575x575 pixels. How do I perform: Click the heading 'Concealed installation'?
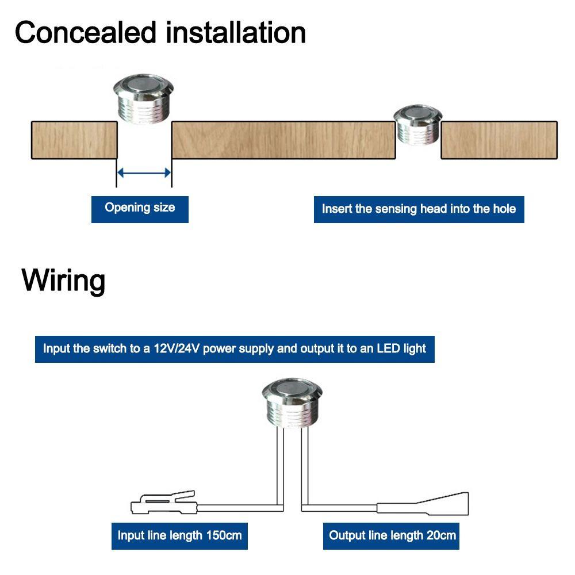coord(160,33)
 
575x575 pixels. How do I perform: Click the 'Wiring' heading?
coord(63,281)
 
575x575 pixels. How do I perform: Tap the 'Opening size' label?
coord(140,208)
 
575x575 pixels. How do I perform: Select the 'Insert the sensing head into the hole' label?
coord(419,209)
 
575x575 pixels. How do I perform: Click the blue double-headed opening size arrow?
coord(144,172)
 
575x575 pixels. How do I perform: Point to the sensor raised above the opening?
coord(143,99)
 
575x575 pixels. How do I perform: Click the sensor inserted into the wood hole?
coord(417,125)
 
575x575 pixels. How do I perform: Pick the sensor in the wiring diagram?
coord(292,404)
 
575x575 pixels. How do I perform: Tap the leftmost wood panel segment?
coord(74,140)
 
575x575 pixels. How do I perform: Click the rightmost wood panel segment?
coord(499,140)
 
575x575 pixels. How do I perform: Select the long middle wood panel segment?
coord(283,140)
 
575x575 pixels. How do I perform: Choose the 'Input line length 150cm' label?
coord(179,536)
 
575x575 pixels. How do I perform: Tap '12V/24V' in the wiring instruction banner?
coord(177,348)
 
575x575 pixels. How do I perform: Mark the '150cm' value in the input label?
coord(224,535)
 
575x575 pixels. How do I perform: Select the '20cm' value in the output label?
coord(441,535)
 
